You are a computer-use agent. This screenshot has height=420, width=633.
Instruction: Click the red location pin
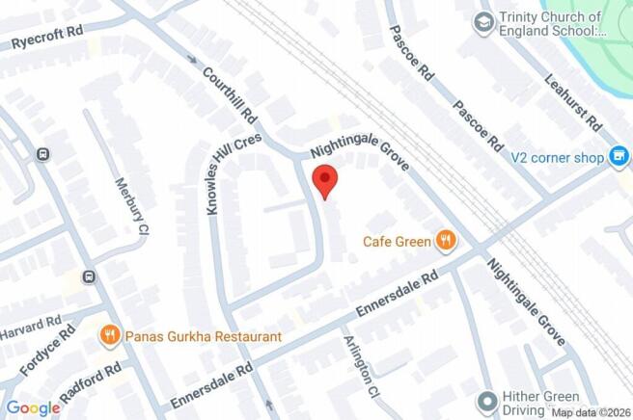pos(325,181)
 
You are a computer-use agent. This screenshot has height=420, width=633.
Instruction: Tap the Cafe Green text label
pos(397,241)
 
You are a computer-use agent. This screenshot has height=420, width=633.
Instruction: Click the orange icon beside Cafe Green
pos(445,240)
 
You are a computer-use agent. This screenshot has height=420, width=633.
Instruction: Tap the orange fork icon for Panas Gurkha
pos(110,335)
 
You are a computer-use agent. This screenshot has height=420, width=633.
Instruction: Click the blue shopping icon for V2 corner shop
pos(619,155)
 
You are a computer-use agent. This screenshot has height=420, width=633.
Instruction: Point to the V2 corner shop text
pos(558,156)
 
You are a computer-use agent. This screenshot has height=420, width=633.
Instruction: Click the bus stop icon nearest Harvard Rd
pos(89,277)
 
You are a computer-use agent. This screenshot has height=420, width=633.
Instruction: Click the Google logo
pos(33,408)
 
